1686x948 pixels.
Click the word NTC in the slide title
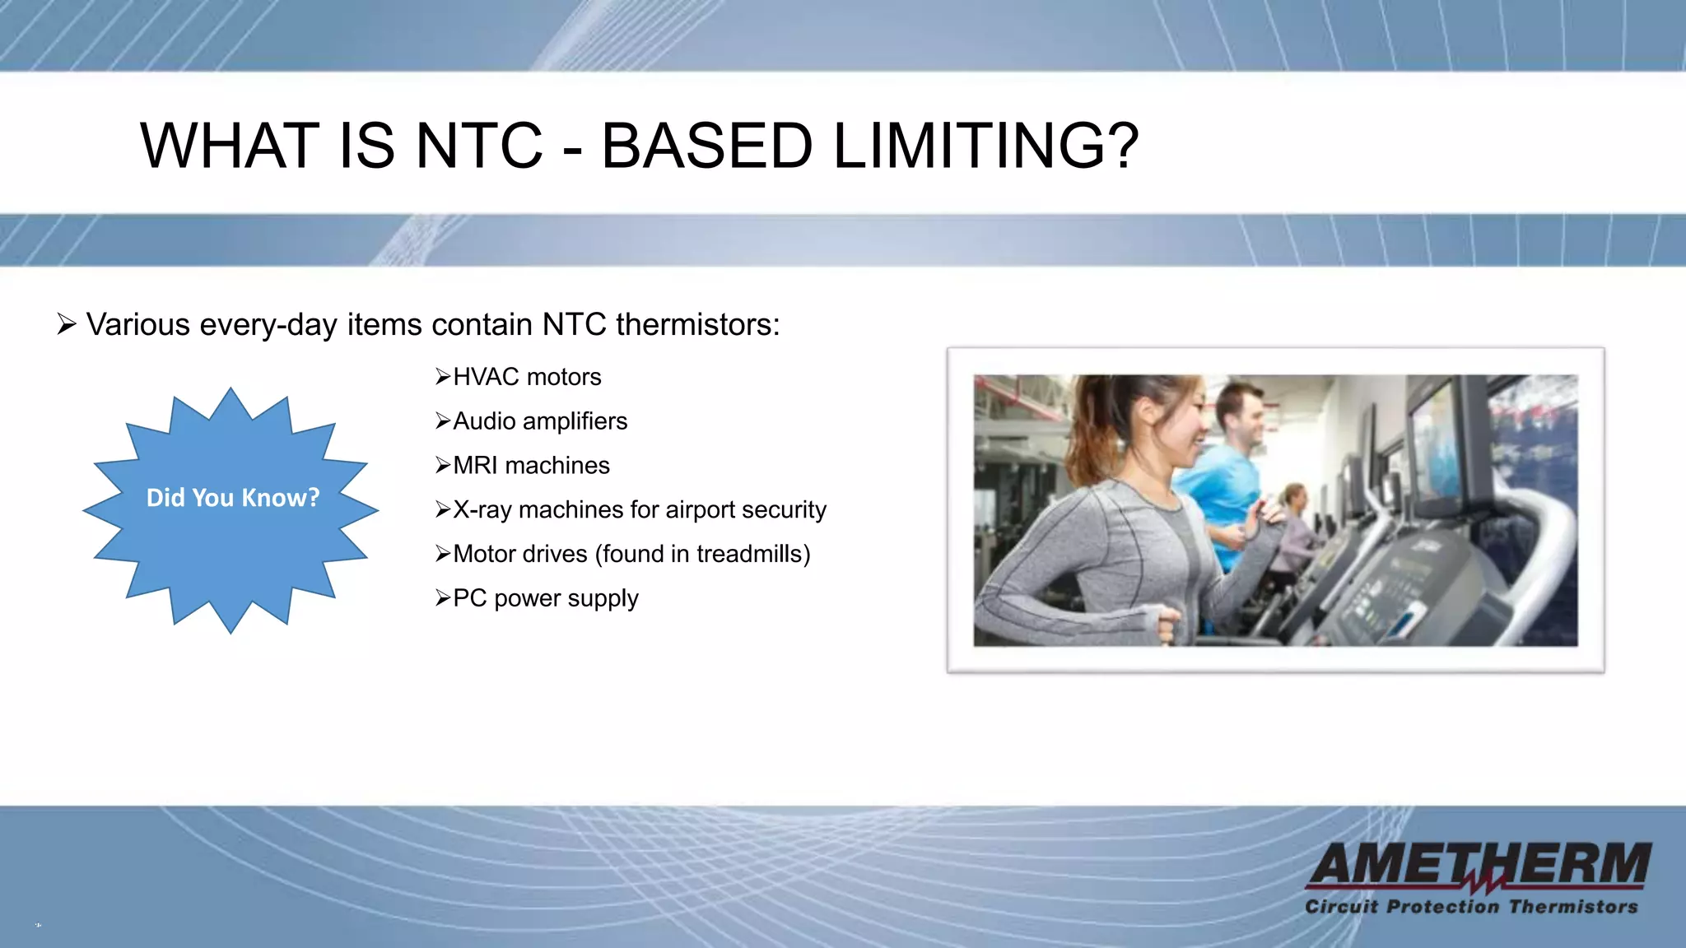(x=479, y=146)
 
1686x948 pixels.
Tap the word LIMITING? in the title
(x=986, y=146)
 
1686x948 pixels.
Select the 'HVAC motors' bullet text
(x=527, y=377)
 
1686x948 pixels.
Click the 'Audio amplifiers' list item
(x=540, y=421)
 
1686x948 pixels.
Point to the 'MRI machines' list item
(x=531, y=466)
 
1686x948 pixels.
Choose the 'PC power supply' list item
(x=545, y=598)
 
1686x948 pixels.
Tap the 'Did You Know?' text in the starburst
(x=232, y=498)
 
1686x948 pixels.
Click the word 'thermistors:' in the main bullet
(x=697, y=325)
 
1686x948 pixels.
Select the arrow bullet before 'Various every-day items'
(x=67, y=324)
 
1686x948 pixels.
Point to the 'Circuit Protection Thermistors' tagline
(x=1471, y=907)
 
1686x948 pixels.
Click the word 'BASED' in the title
(x=706, y=146)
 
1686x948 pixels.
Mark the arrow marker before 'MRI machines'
(x=443, y=466)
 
